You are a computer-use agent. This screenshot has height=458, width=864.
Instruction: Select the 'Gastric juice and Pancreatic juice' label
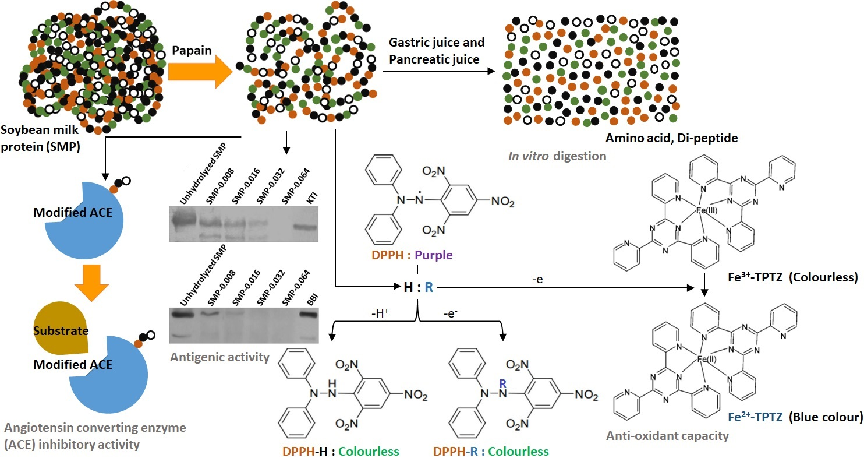tap(435, 51)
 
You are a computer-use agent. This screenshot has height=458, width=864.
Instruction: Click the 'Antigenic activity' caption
tap(219, 357)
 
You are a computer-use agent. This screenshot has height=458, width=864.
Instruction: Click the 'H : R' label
tap(417, 287)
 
